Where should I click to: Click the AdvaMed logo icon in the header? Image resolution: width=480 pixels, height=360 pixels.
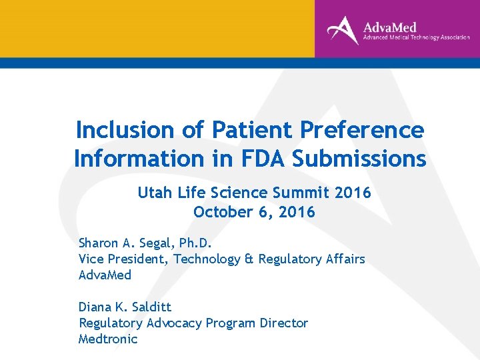pyautogui.click(x=343, y=29)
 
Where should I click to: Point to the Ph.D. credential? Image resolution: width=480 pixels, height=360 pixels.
pyautogui.click(x=193, y=243)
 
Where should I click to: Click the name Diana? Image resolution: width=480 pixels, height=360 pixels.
pyautogui.click(x=96, y=307)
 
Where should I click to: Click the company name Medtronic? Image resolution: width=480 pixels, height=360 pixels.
pyautogui.click(x=108, y=339)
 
